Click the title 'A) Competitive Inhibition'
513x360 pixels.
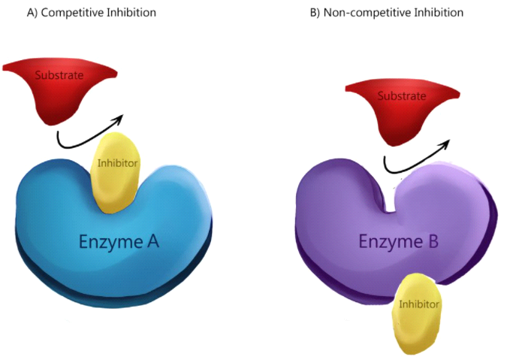92,13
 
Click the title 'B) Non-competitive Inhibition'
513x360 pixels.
386,13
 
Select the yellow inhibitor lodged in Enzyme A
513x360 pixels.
116,173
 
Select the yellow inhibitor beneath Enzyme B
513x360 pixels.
416,314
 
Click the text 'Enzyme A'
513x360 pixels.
119,242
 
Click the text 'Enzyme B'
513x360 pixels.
399,241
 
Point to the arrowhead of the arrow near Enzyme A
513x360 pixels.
119,119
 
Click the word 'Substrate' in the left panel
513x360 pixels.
59,75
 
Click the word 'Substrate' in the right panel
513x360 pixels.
402,96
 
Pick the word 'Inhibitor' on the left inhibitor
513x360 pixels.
117,163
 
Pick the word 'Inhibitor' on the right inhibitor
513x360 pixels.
419,304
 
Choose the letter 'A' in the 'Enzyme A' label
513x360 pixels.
152,241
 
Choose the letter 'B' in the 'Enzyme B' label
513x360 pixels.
433,241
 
